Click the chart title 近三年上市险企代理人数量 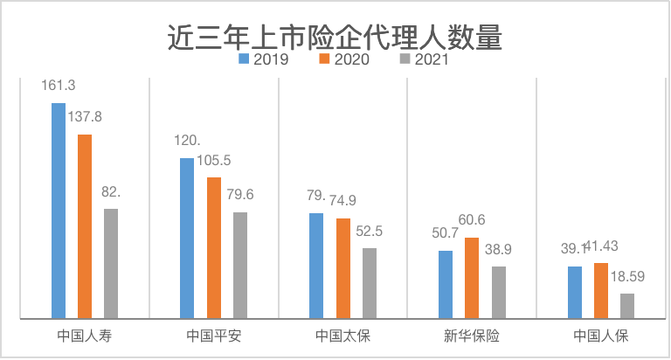tap(335, 38)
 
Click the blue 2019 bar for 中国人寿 tap(59, 211)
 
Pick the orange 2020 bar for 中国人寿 tap(85, 226)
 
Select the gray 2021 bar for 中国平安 tap(240, 265)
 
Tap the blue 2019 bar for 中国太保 tap(316, 266)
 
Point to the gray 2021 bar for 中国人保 tap(627, 306)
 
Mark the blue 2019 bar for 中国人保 tap(574, 292)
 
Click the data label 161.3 tap(59, 86)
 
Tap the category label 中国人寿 tap(84, 336)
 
